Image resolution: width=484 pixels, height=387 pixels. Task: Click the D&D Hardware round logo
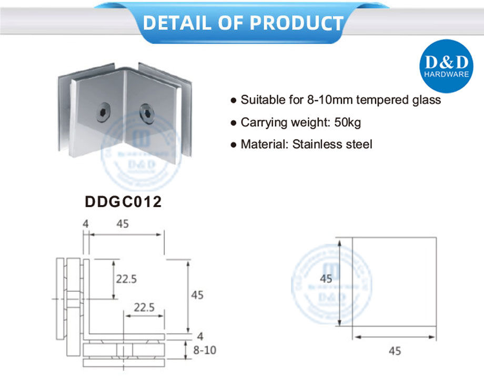point(446,67)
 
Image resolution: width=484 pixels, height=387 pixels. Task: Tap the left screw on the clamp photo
point(103,111)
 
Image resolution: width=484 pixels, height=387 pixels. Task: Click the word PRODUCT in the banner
point(295,23)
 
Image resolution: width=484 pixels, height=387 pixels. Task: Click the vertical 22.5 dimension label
point(127,279)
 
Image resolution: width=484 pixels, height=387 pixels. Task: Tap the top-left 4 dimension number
point(85,223)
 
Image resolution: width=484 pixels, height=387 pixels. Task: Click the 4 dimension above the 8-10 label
point(199,335)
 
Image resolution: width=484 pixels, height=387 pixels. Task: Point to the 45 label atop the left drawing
point(123,223)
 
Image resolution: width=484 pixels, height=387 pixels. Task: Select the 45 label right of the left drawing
point(197,295)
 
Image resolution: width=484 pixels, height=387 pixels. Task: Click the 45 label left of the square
point(326,279)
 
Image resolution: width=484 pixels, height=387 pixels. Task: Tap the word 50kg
point(347,123)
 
